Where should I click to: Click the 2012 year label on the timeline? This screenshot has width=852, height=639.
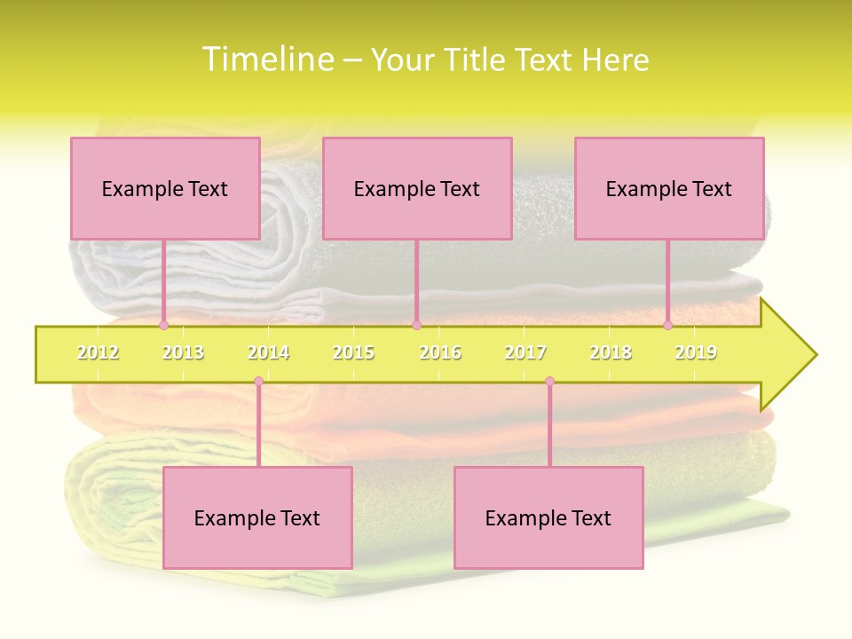[98, 352]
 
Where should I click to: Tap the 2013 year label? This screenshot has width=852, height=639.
[183, 352]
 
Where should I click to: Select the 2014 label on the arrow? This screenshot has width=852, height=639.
[268, 352]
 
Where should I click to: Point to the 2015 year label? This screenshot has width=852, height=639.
[353, 352]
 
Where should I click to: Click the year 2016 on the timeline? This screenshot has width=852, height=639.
[440, 352]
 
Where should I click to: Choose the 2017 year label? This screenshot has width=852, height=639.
[525, 352]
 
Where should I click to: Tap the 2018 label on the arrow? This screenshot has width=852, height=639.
[611, 352]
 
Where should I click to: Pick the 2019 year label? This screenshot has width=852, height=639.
[696, 352]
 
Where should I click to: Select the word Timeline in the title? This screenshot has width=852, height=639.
[268, 59]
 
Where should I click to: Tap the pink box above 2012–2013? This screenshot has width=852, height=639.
[165, 188]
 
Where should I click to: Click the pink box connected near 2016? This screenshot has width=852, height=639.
[417, 188]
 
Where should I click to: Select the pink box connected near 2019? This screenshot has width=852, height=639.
[669, 188]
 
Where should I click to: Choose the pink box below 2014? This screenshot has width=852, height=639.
[257, 517]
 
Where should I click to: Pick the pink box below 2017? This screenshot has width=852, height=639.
[548, 517]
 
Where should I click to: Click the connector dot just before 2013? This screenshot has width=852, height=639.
[163, 326]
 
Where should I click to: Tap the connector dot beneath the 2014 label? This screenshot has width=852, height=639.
[258, 382]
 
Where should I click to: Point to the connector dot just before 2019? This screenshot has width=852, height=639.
[667, 326]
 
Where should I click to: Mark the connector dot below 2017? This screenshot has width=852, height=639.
[549, 382]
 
